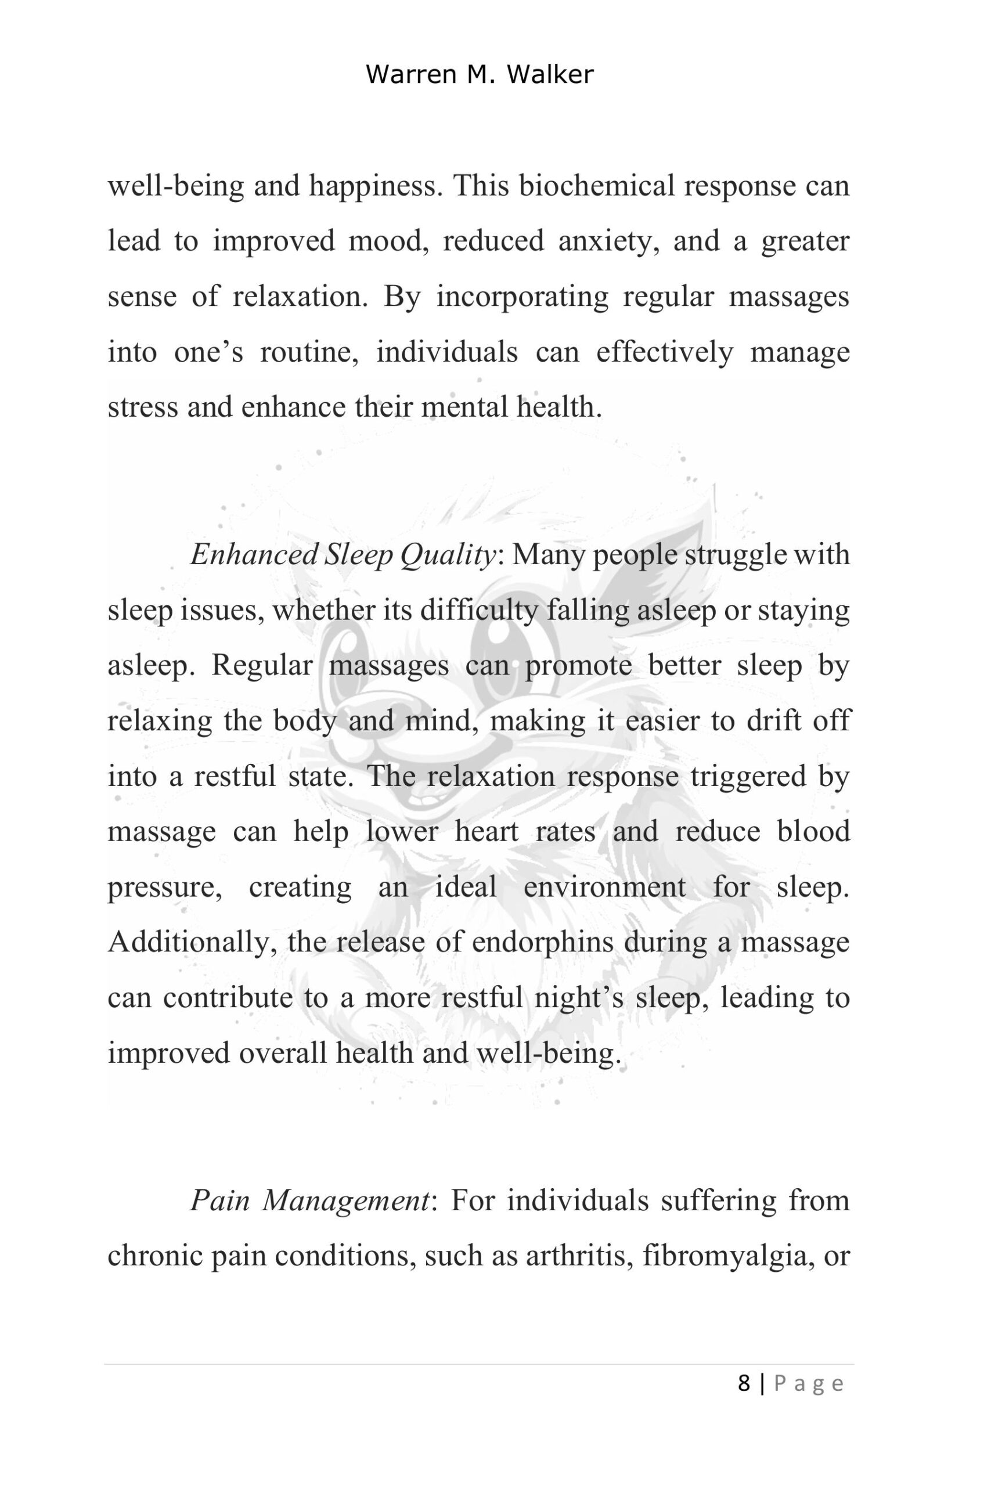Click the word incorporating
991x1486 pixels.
522,296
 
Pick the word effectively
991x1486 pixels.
664,352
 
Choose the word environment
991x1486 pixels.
604,886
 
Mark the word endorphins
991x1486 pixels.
542,942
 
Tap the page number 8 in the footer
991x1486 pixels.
744,1384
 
